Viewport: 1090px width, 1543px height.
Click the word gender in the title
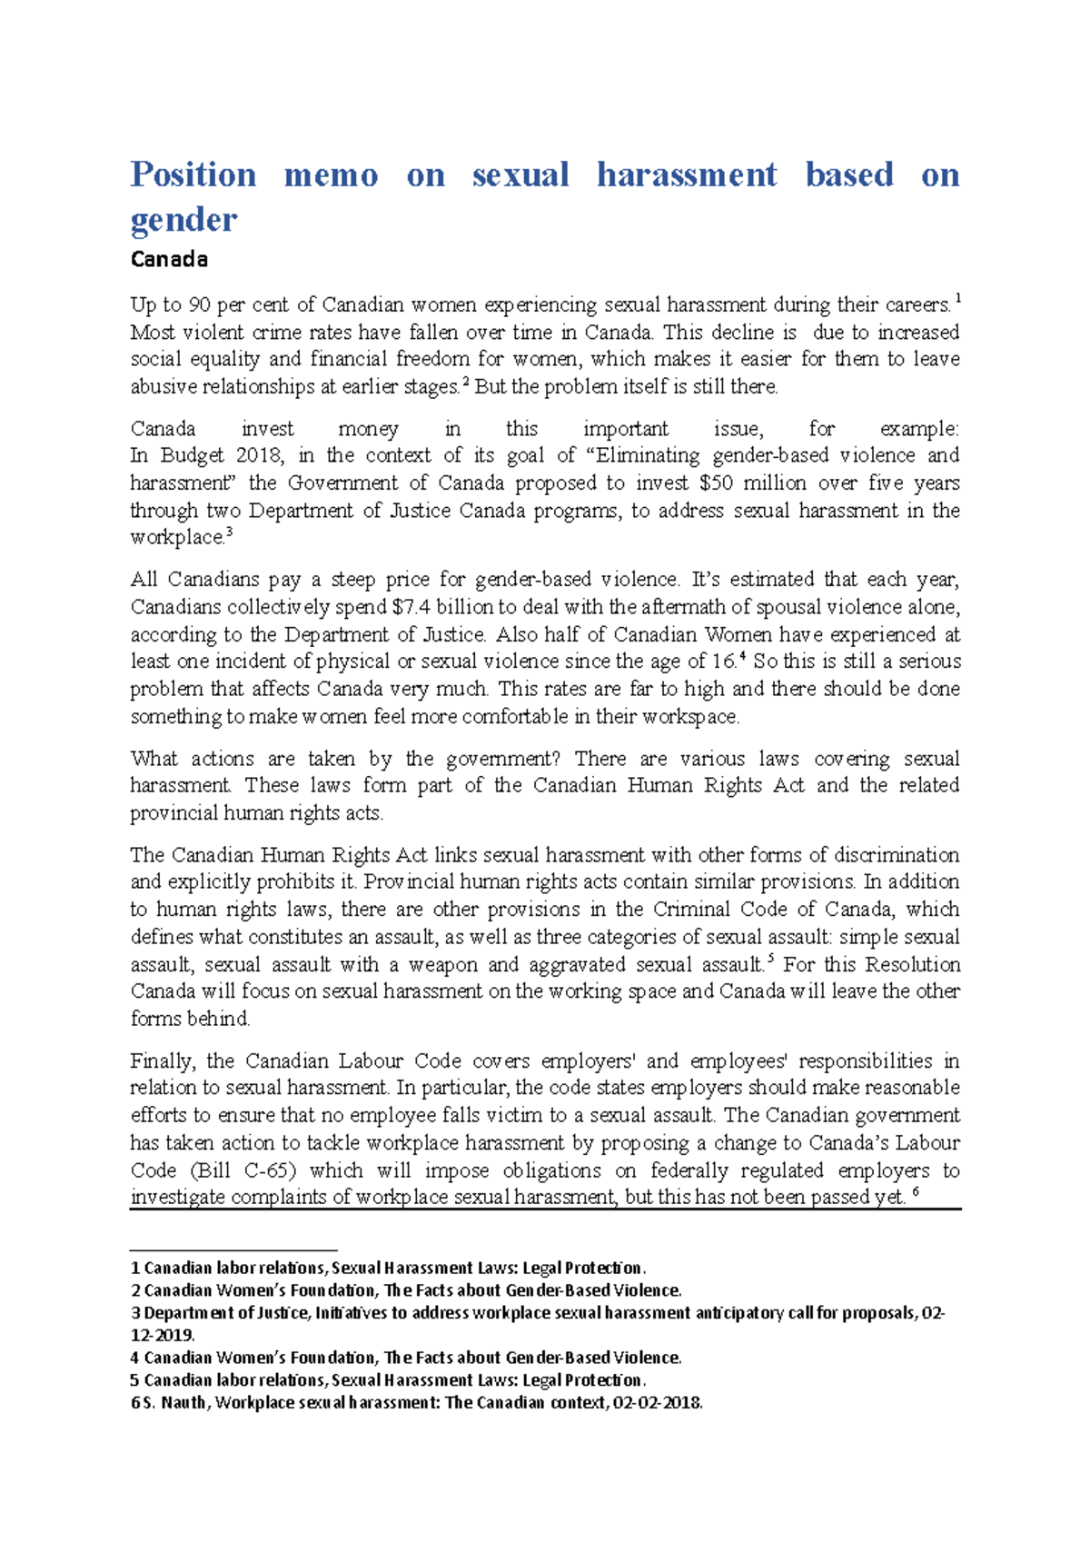[183, 221]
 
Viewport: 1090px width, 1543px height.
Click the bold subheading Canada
[169, 260]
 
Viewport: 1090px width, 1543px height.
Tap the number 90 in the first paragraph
[199, 305]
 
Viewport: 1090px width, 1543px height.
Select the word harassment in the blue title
[687, 175]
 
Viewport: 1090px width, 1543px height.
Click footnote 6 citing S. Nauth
[418, 1403]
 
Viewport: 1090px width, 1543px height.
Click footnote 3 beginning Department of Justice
[536, 1313]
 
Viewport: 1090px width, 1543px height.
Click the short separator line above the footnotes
[233, 1250]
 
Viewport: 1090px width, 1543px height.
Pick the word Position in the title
[193, 175]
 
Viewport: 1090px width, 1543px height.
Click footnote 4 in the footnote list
[406, 1358]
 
